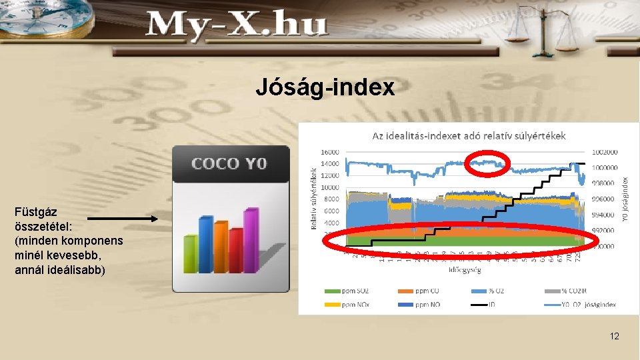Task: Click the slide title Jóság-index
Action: tap(325, 88)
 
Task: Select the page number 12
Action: tap(614, 336)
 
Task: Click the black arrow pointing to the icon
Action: tap(123, 218)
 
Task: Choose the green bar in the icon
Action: tap(191, 253)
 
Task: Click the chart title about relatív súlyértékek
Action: tap(469, 135)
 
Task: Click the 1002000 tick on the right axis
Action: tap(605, 153)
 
